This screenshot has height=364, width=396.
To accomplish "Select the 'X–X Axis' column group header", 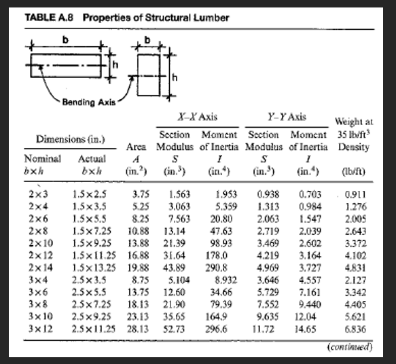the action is pos(197,117).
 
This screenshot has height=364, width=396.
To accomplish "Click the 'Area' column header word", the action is pos(138,147).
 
